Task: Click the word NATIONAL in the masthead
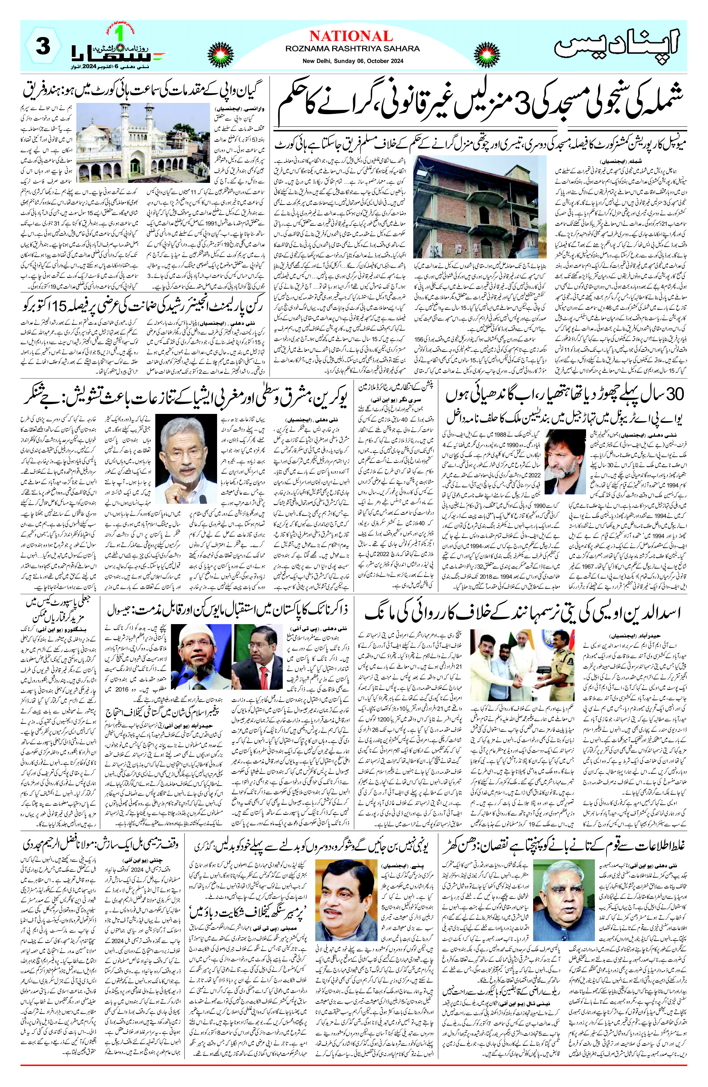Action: (351, 36)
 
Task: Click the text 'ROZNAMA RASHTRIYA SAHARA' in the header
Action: (352, 48)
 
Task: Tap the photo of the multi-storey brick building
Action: (480, 207)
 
